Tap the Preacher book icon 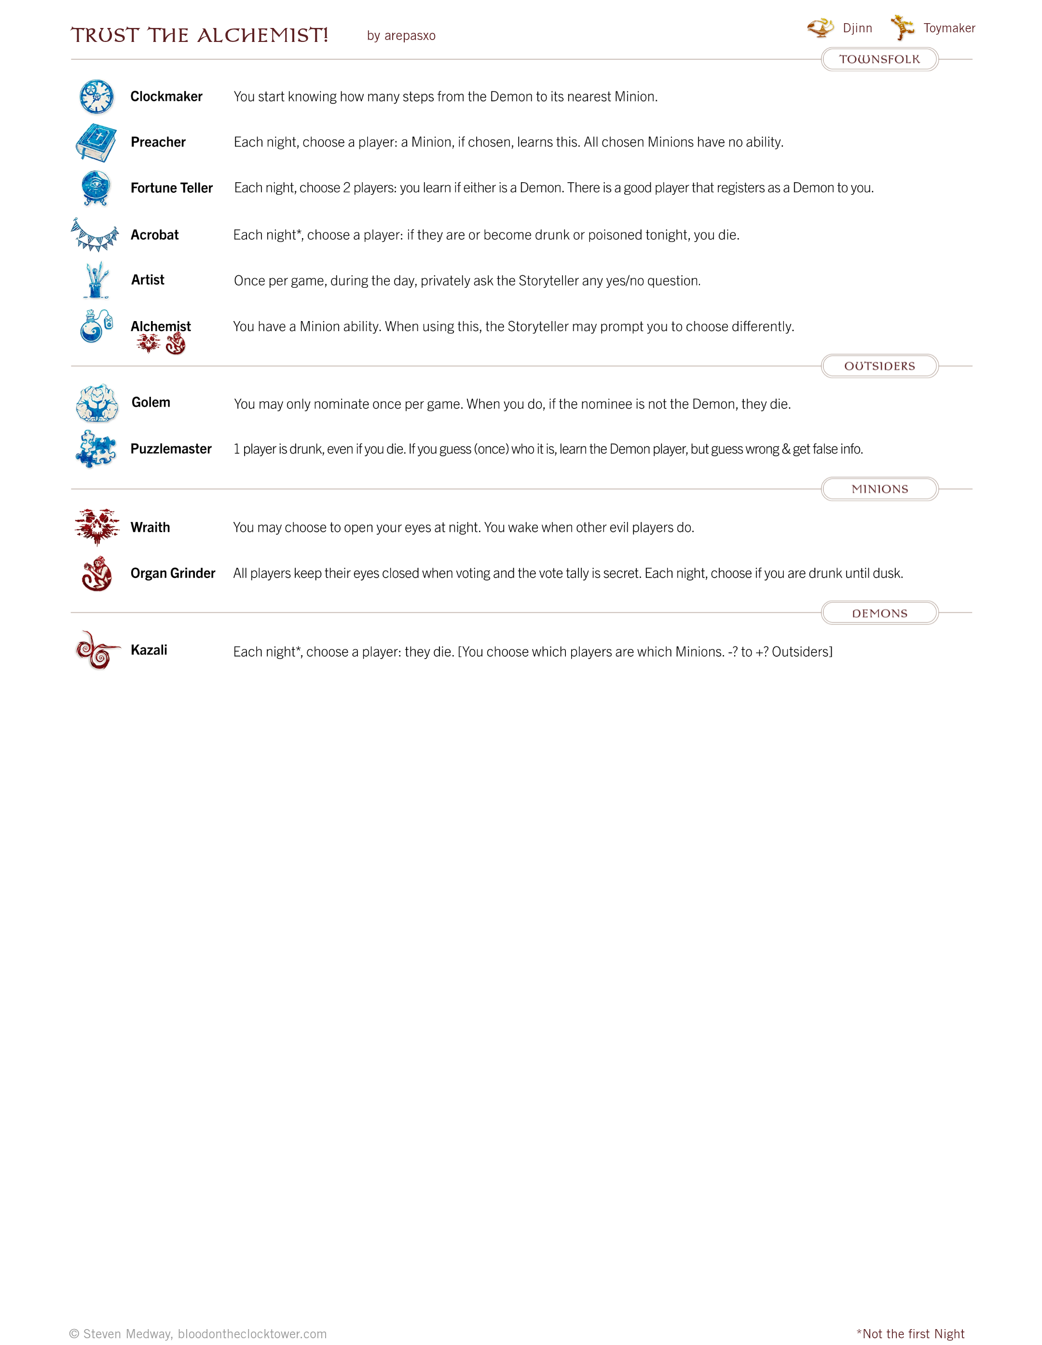click(96, 142)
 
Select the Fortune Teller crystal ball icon click(96, 187)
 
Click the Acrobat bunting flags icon click(95, 235)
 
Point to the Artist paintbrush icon click(97, 280)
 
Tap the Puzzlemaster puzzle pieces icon click(96, 449)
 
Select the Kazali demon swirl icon click(97, 650)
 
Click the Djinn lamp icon click(820, 27)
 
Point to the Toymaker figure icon click(902, 27)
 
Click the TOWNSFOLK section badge click(879, 59)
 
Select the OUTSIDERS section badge click(879, 366)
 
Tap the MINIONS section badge click(879, 489)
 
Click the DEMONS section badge click(879, 613)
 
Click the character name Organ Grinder click(173, 573)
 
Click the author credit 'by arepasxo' click(401, 36)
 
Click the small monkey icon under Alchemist click(176, 344)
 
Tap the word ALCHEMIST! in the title click(262, 35)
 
